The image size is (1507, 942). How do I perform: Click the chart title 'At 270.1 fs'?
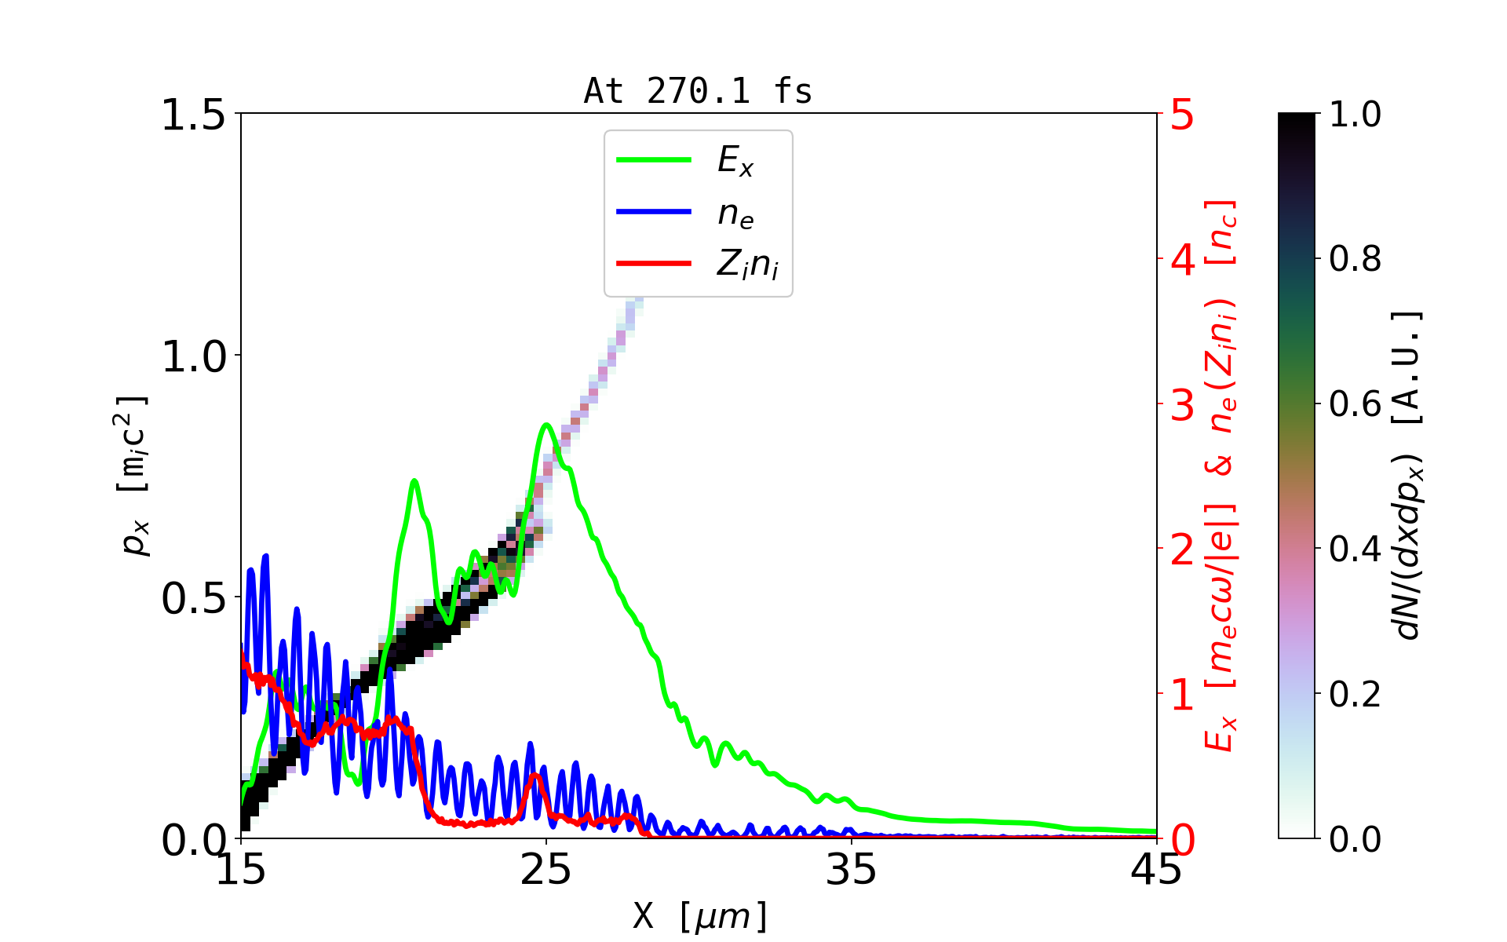pyautogui.click(x=698, y=92)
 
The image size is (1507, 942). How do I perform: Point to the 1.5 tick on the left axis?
pyautogui.click(x=192, y=115)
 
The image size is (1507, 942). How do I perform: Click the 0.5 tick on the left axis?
pyautogui.click(x=192, y=598)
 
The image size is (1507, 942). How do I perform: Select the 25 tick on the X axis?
pyautogui.click(x=546, y=870)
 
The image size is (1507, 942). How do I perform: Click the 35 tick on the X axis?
pyautogui.click(x=852, y=870)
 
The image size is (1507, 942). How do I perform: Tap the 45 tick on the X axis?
pyautogui.click(x=1156, y=870)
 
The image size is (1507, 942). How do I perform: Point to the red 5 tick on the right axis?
pyautogui.click(x=1183, y=115)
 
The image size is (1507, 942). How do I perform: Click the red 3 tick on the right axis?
pyautogui.click(x=1183, y=405)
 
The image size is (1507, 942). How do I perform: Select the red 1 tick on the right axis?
pyautogui.click(x=1183, y=695)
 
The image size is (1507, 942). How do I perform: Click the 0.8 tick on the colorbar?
pyautogui.click(x=1355, y=258)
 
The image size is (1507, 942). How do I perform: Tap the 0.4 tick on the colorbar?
pyautogui.click(x=1355, y=549)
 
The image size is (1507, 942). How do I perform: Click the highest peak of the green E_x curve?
pyautogui.click(x=546, y=425)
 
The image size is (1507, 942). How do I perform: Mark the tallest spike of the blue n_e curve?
pyautogui.click(x=265, y=556)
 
